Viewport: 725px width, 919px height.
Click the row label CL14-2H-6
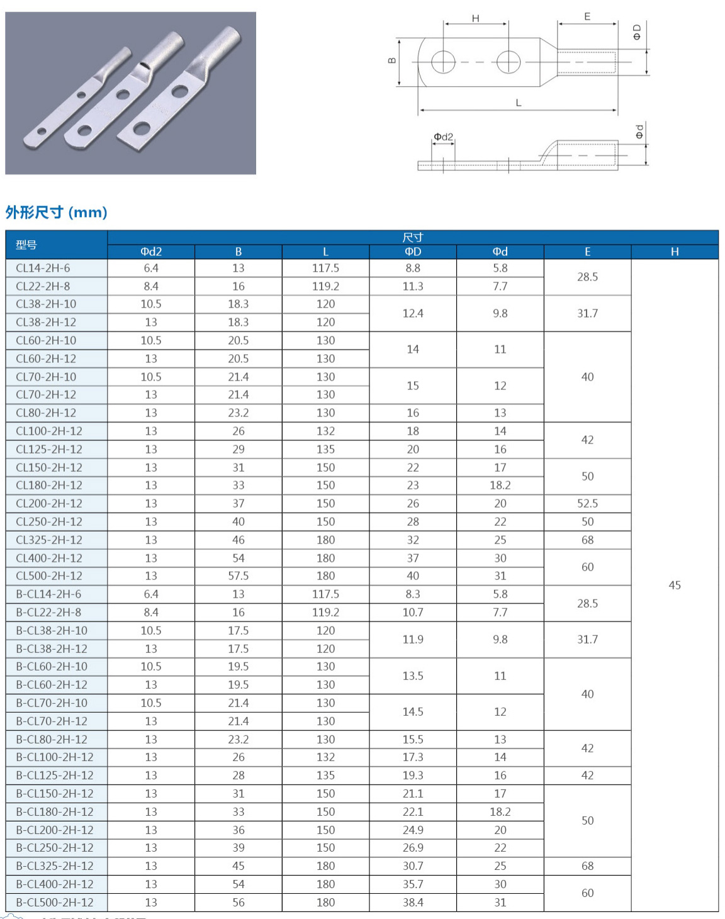43,268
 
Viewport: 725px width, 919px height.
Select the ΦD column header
413,252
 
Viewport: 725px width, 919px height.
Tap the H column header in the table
675,252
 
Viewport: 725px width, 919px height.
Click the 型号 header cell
26,245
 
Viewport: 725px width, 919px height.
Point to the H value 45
675,585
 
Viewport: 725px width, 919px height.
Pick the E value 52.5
587,503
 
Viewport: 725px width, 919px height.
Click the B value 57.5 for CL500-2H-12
239,576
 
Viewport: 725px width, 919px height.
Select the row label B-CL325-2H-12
55,866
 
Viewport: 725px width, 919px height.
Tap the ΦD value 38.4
413,902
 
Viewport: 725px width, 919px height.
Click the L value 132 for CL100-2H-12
325,431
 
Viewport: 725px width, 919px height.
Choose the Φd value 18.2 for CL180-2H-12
500,485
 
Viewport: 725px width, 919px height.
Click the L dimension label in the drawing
519,103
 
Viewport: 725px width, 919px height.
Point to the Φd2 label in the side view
443,136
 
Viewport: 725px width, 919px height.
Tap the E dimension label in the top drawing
587,17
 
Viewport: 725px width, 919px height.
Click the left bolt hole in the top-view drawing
444,62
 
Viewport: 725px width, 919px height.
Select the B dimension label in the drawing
392,61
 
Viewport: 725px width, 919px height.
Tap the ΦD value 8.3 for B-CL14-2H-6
413,594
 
